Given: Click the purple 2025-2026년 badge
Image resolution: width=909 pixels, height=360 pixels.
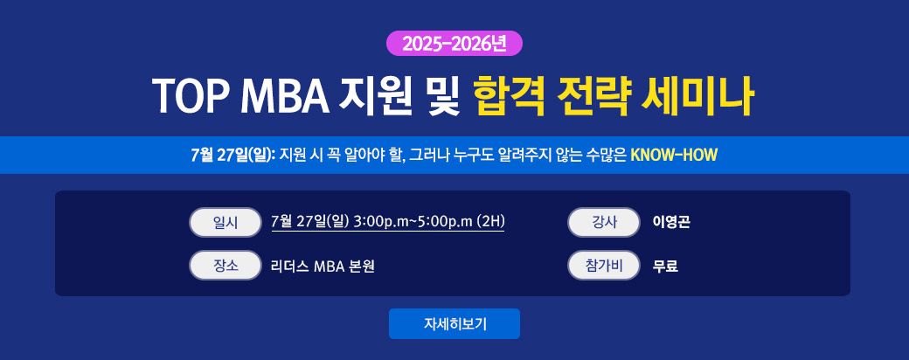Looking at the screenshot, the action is [454, 44].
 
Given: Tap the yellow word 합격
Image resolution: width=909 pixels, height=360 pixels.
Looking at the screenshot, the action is [509, 95].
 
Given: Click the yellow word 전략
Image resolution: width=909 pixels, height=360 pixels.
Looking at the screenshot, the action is [592, 95].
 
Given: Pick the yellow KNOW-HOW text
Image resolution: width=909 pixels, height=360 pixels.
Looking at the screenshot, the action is [674, 156].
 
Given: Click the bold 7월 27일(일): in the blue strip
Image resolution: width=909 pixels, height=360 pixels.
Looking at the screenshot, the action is [232, 156].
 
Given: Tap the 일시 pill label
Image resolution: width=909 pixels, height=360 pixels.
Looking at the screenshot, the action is [226, 223].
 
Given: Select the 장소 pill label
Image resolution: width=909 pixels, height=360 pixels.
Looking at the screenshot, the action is [226, 266].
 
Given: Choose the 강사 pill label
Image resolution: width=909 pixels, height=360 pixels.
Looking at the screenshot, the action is [604, 223].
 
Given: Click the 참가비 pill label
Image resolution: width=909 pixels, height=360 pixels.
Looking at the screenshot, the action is [604, 266].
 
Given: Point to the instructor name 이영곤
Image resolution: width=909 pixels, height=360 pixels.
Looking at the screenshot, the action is [671, 222].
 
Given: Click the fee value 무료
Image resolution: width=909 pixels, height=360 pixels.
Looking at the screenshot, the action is [665, 267].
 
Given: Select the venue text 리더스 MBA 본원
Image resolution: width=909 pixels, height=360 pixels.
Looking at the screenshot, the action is [323, 267].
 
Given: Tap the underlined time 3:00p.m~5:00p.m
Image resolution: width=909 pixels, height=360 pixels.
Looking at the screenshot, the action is [413, 222].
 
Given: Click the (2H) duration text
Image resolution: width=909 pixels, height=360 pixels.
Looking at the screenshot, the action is [490, 222].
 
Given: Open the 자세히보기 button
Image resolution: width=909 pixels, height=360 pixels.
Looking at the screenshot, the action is [454, 323].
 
